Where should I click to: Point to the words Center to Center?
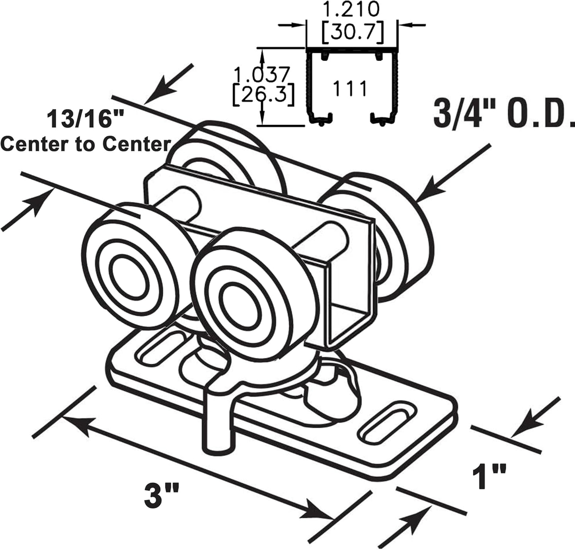(x=86, y=144)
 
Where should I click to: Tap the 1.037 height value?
(x=261, y=74)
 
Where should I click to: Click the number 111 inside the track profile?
(x=350, y=88)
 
